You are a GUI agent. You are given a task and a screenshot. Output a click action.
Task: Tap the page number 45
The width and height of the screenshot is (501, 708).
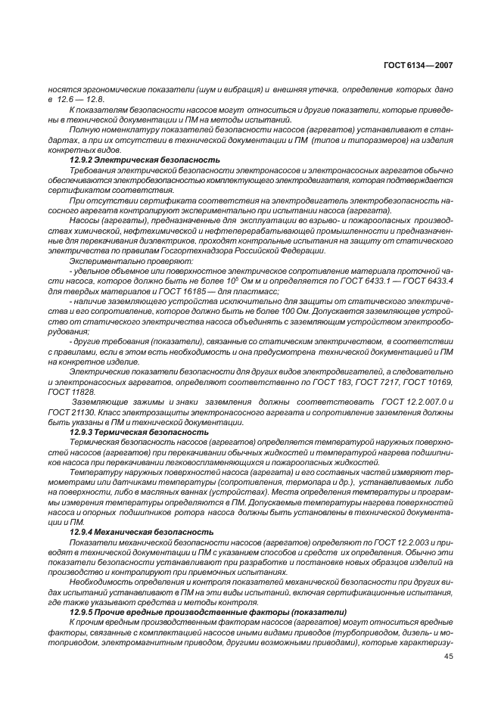coord(448,657)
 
